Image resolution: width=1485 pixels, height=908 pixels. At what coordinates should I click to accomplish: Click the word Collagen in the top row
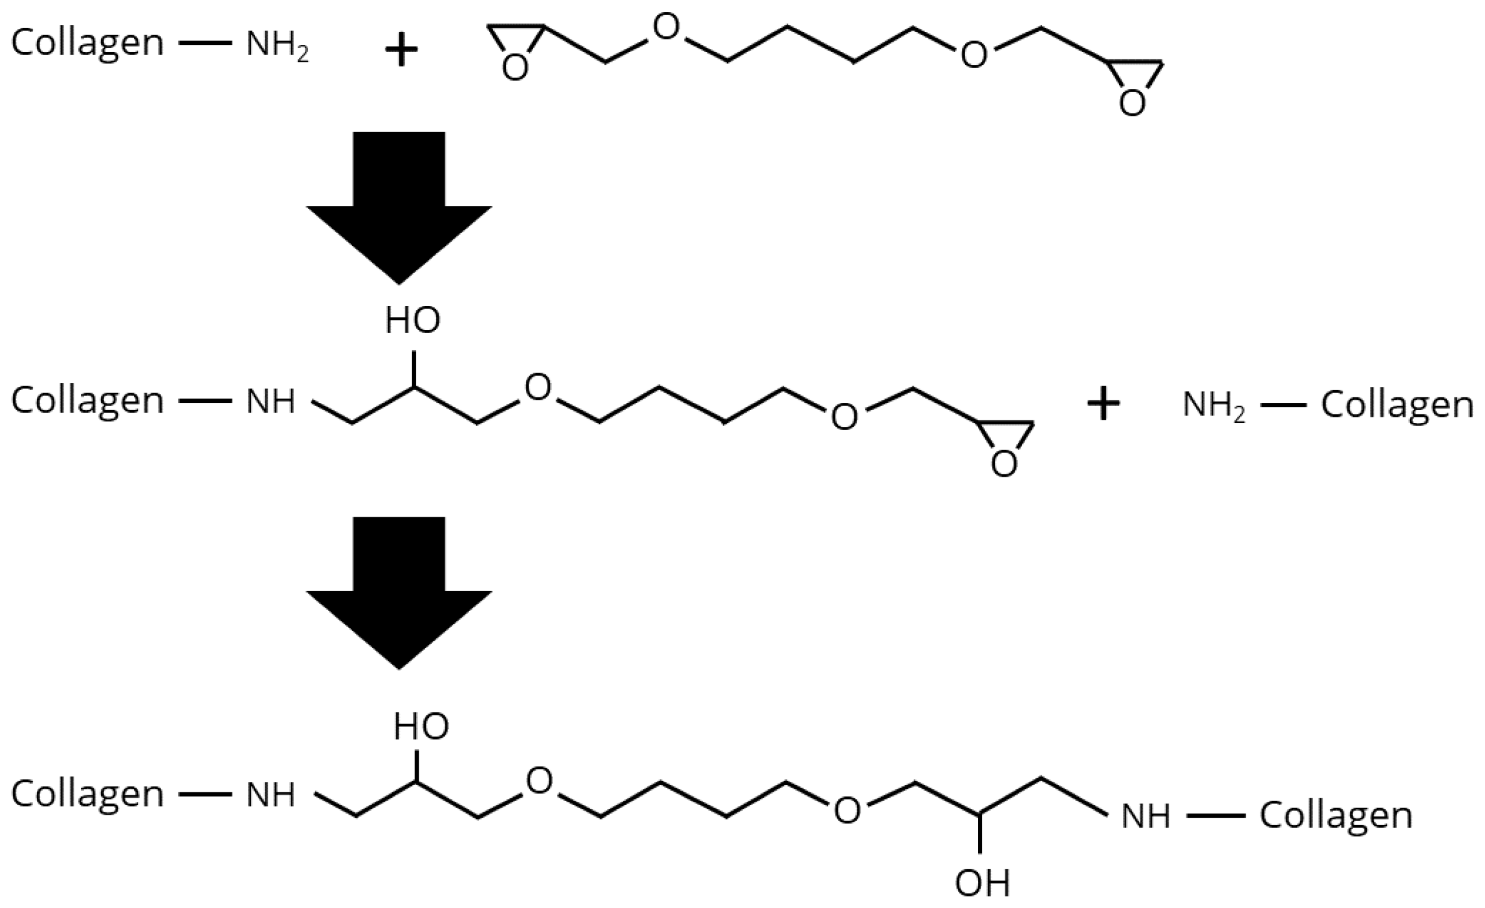pyautogui.click(x=88, y=44)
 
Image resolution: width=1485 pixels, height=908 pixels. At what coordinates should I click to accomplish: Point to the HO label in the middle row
pyautogui.click(x=413, y=320)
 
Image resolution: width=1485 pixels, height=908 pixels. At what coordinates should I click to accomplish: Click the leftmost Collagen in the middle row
pyautogui.click(x=88, y=401)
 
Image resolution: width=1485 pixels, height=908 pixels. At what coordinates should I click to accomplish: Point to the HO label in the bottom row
pyautogui.click(x=421, y=726)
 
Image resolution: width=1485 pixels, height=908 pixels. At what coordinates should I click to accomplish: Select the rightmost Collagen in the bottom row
pyautogui.click(x=1337, y=817)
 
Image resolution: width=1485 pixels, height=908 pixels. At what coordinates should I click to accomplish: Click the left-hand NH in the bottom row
pyautogui.click(x=270, y=795)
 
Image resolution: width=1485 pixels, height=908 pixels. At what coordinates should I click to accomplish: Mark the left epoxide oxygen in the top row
pyautogui.click(x=515, y=68)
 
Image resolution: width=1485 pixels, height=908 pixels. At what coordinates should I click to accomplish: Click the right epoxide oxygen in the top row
pyautogui.click(x=1132, y=103)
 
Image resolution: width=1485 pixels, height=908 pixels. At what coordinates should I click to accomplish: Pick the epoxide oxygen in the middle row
pyautogui.click(x=1004, y=464)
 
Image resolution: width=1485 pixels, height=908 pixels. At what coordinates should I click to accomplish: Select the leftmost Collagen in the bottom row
pyautogui.click(x=88, y=794)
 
